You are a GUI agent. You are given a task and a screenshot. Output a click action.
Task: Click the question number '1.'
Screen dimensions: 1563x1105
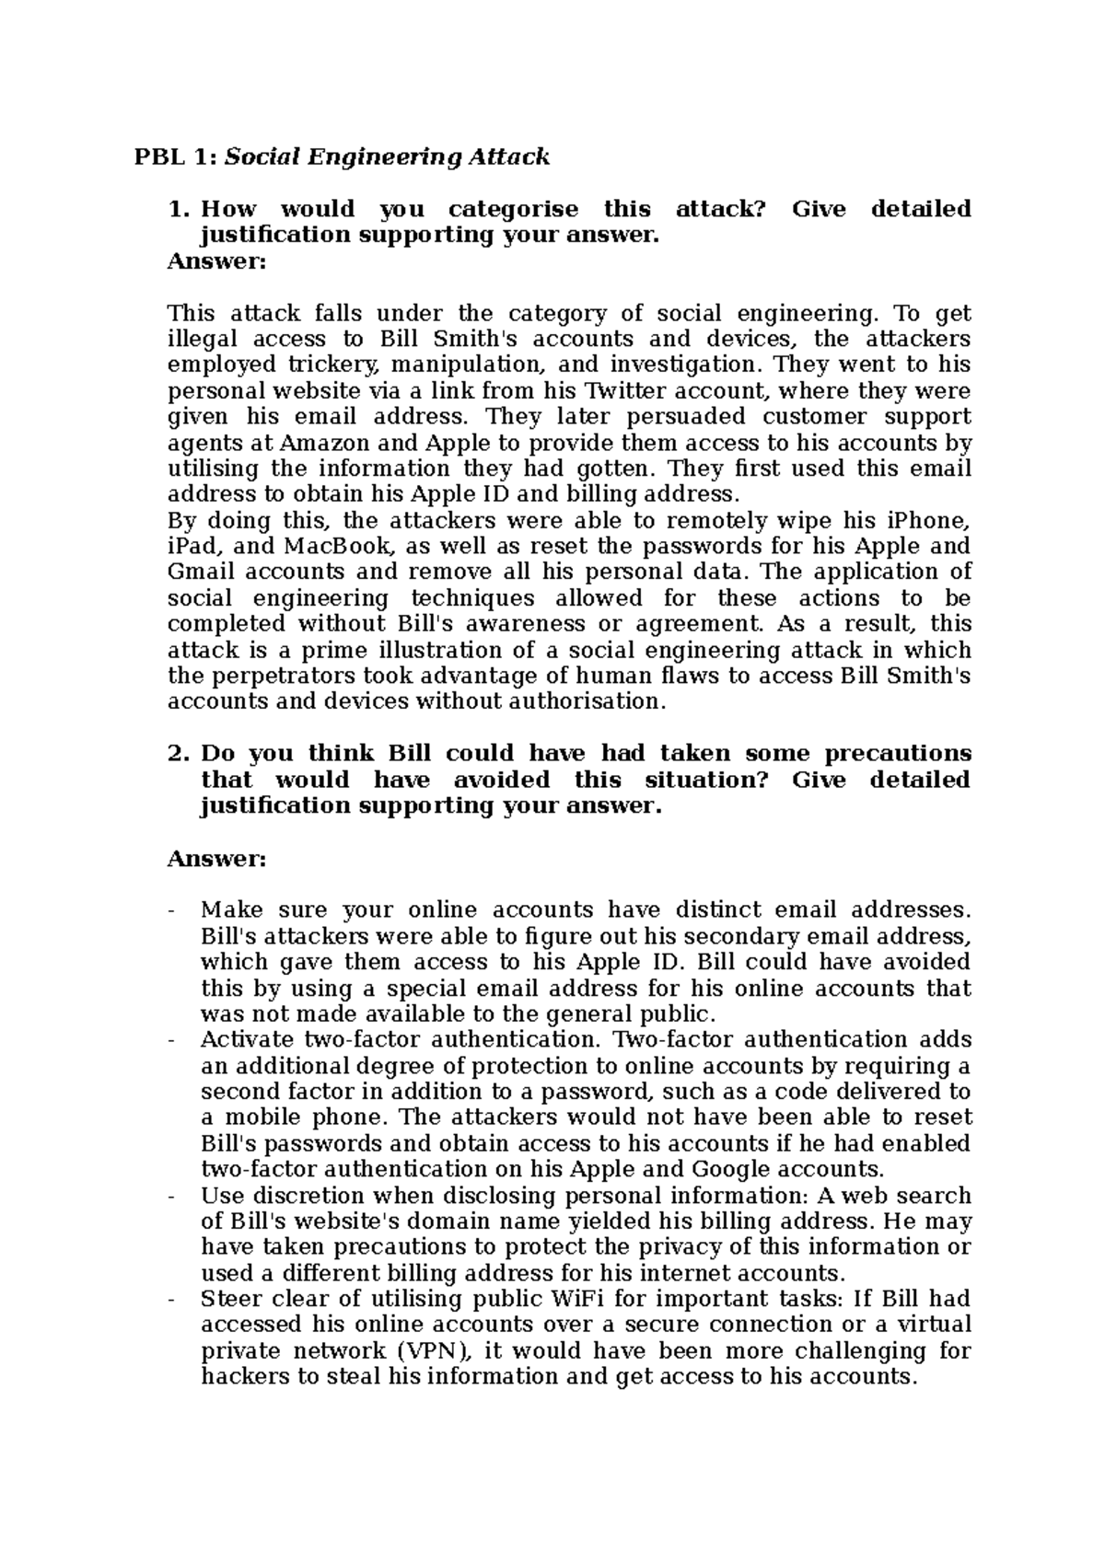pyautogui.click(x=179, y=210)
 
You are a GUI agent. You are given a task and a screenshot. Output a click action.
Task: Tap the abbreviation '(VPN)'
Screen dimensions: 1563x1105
pyautogui.click(x=433, y=1351)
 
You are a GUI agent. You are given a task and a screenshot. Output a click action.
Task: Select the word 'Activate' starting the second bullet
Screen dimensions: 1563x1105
pyautogui.click(x=246, y=1040)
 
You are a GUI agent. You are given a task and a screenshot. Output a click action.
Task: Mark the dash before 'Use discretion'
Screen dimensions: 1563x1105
pyautogui.click(x=171, y=1197)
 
